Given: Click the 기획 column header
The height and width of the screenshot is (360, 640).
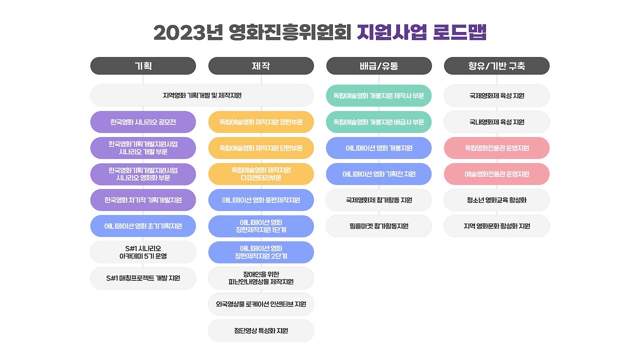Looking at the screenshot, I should point(143,65).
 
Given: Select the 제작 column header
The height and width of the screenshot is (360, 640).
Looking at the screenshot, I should point(261,65).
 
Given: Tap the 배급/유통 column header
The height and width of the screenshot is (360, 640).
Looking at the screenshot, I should point(379,65).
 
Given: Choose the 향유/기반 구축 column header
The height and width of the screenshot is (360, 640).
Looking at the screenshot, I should point(496,65).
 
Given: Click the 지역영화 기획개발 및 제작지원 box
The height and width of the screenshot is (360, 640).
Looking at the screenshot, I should point(202,95).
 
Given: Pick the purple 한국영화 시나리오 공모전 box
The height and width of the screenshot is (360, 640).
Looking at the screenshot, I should point(143,122).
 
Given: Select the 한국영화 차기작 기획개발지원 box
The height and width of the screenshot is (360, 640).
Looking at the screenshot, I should point(143,200).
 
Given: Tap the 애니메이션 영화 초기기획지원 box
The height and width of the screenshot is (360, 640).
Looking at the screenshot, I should point(143,226).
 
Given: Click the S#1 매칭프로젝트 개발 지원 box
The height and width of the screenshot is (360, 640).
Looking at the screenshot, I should point(143,278).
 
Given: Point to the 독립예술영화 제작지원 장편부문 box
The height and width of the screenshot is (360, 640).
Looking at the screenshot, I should point(261,122).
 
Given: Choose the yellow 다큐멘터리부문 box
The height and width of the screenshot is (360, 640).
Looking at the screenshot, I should point(261,174).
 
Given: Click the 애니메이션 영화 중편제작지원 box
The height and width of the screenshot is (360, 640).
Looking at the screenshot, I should point(261,200).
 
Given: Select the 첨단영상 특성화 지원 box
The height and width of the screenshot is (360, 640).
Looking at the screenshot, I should point(261,331).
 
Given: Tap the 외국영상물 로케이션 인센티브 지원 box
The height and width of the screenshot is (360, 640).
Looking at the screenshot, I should point(261,304).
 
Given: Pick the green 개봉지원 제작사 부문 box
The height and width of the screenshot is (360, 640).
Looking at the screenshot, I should point(379,95).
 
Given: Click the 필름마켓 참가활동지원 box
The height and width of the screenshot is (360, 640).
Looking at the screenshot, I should point(379,226).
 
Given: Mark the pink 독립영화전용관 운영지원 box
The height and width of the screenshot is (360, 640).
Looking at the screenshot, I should point(496,148).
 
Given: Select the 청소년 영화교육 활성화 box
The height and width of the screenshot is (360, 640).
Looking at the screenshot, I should point(496,200).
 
